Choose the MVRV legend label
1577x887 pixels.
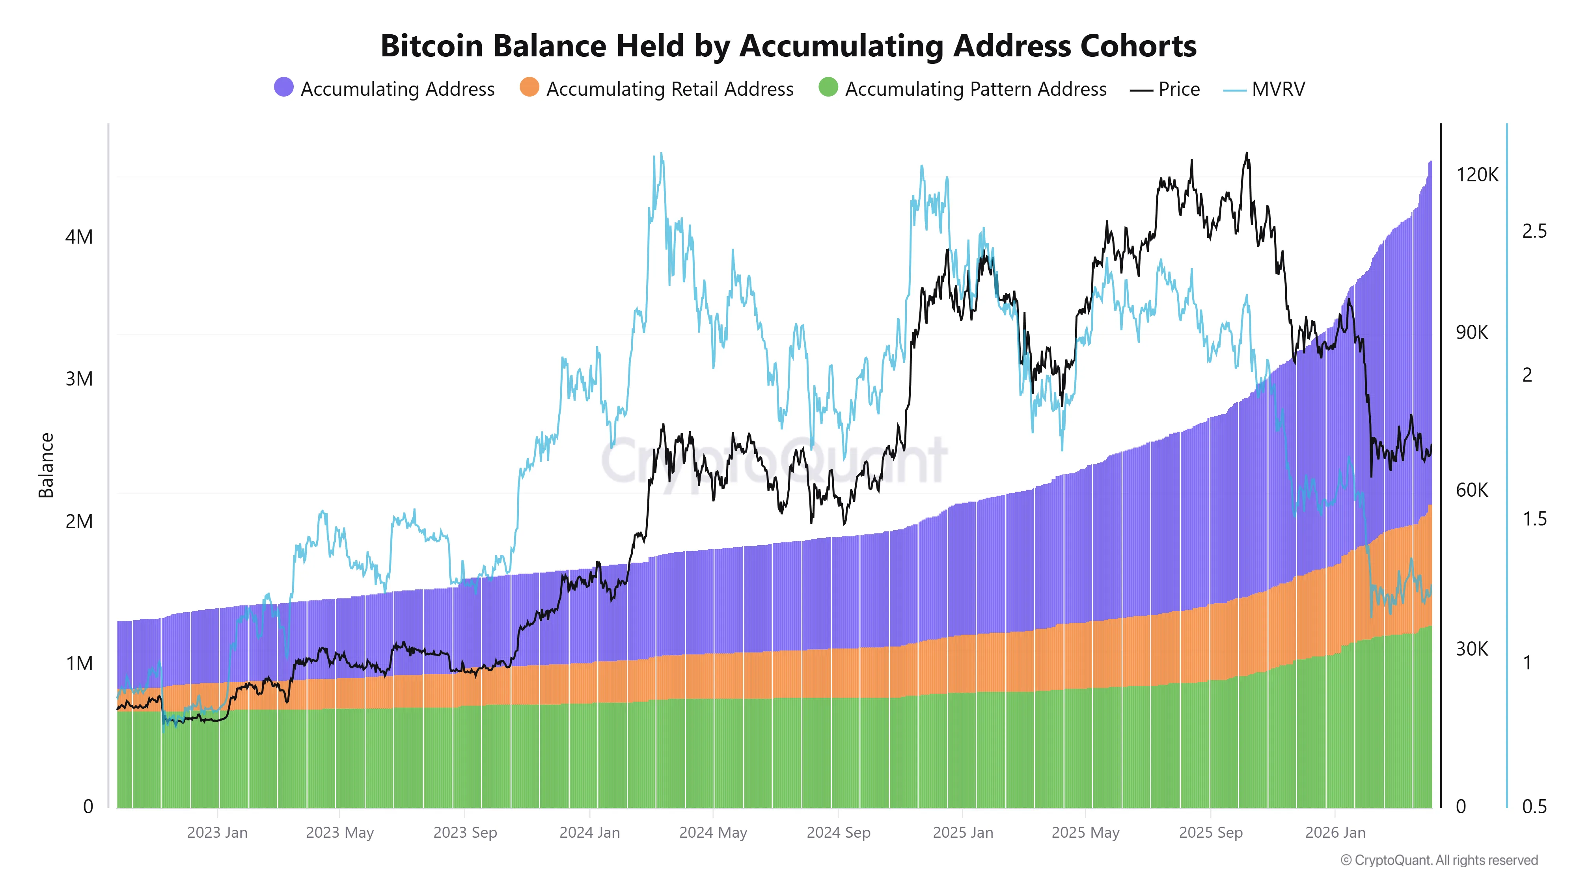1278,89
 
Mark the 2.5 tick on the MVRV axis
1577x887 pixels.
1534,231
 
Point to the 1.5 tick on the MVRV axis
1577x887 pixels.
1534,519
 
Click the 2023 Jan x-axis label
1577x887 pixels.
217,833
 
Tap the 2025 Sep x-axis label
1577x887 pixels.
1210,833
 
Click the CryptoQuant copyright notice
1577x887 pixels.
1439,860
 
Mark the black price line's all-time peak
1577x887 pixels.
1246,154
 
